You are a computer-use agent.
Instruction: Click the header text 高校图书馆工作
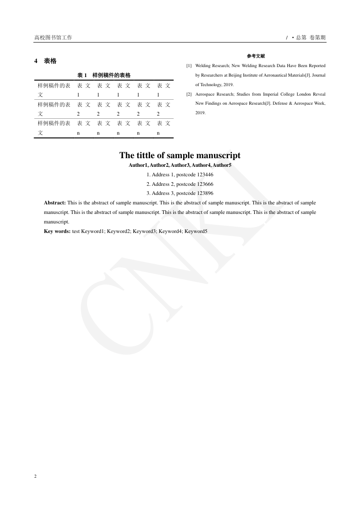(53, 38)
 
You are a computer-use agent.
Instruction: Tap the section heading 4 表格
(45, 61)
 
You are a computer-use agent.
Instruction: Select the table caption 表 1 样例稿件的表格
(104, 75)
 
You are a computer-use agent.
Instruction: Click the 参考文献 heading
(256, 56)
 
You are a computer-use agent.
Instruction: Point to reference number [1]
(189, 66)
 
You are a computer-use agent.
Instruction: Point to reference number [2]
(189, 94)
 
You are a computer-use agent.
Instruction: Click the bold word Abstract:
(55, 203)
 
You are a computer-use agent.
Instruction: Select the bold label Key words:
(57, 231)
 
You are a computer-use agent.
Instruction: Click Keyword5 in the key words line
(196, 231)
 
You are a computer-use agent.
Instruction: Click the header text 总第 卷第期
(310, 38)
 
